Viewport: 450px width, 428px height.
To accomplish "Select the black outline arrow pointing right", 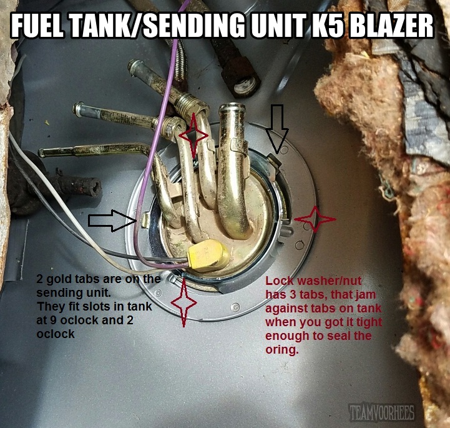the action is tap(112, 221).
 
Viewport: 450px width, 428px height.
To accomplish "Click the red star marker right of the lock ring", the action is tap(315, 219).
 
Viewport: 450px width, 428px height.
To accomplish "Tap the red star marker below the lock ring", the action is tap(183, 302).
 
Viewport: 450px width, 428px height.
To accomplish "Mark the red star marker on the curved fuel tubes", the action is tap(193, 136).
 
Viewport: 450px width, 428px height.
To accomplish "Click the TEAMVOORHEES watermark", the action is tap(381, 412).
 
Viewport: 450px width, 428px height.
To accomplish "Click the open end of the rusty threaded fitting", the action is tap(246, 85).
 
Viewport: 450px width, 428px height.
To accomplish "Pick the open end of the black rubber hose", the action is tap(95, 189).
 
